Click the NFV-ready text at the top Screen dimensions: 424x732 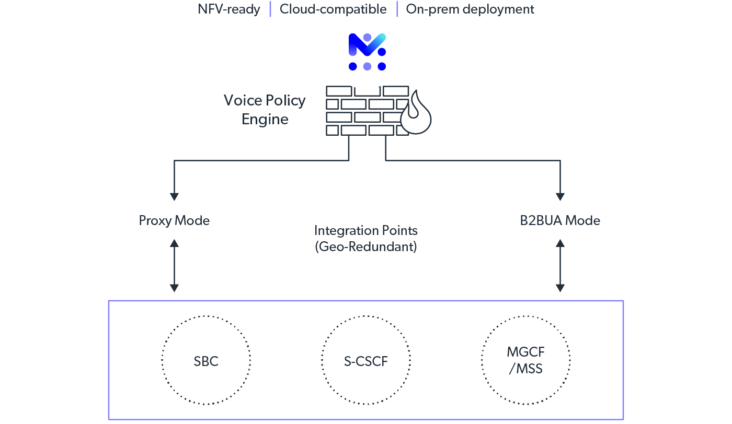coord(228,9)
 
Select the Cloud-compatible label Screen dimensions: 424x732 coord(333,9)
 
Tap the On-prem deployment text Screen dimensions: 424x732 coord(470,9)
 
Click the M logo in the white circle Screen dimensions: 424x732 coord(366,52)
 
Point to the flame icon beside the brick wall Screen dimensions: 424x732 coord(416,114)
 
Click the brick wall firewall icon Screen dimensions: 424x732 coord(366,111)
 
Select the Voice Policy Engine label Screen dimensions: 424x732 coord(265,110)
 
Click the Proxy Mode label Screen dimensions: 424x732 coord(174,220)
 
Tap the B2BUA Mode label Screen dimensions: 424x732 coord(560,220)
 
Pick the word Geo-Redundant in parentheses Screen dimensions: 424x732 coord(366,246)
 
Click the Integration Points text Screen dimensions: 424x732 coord(366,230)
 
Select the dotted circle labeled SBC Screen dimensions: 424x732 coord(206,360)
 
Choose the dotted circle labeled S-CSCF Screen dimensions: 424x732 coord(366,360)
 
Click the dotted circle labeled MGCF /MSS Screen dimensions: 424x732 coord(525,360)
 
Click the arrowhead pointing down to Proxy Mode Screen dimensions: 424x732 coord(174,196)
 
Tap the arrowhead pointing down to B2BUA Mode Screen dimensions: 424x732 coord(560,196)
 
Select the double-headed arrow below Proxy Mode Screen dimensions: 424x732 coord(174,266)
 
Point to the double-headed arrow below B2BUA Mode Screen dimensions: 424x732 coord(560,266)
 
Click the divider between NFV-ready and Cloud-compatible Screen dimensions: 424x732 coord(270,9)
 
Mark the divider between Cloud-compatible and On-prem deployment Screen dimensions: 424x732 coord(397,9)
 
